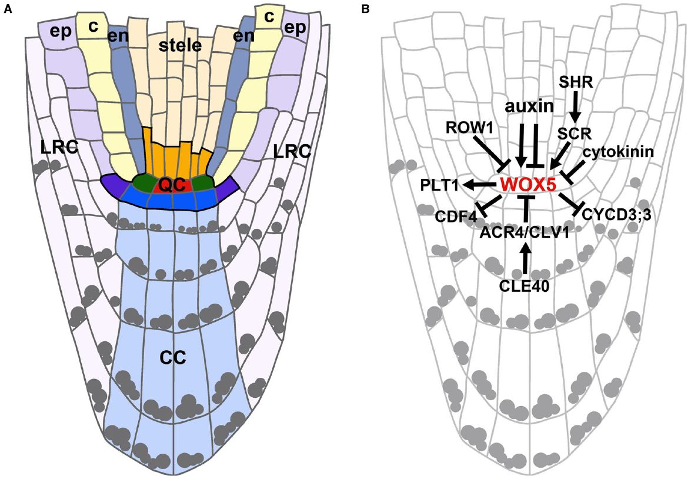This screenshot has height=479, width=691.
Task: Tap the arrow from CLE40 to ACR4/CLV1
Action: [525, 259]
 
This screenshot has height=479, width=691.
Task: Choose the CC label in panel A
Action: [173, 357]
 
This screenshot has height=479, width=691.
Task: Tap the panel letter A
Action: [8, 9]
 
